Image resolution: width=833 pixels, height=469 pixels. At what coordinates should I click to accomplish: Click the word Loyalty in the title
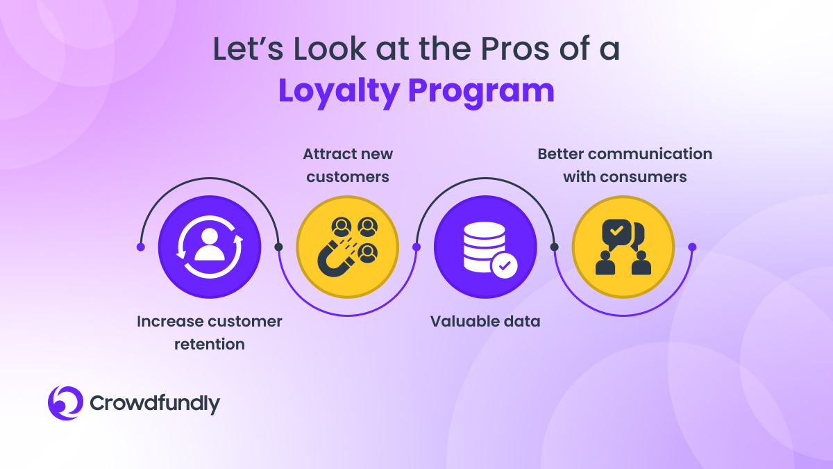click(339, 92)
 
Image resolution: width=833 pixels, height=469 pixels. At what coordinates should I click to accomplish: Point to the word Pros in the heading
click(514, 49)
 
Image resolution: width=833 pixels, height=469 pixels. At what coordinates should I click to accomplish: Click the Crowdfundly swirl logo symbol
click(65, 403)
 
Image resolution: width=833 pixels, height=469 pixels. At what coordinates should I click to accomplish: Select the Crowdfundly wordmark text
click(155, 404)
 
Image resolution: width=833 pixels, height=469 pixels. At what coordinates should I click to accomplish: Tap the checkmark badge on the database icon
click(504, 265)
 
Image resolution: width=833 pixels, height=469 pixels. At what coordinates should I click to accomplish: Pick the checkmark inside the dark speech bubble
click(616, 231)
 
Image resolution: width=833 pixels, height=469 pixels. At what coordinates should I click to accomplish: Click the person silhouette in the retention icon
click(210, 245)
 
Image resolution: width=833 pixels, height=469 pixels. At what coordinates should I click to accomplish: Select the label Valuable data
click(485, 322)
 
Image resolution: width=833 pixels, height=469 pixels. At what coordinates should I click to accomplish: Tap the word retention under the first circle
click(210, 345)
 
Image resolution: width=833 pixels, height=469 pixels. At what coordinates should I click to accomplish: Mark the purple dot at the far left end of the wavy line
click(140, 247)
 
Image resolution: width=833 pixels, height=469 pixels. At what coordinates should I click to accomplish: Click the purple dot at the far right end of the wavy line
click(692, 247)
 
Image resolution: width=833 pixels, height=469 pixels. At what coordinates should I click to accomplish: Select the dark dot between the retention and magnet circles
click(278, 247)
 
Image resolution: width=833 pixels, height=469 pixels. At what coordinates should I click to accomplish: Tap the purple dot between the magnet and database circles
click(416, 247)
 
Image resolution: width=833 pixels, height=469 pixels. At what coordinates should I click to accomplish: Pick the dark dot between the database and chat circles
click(554, 247)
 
